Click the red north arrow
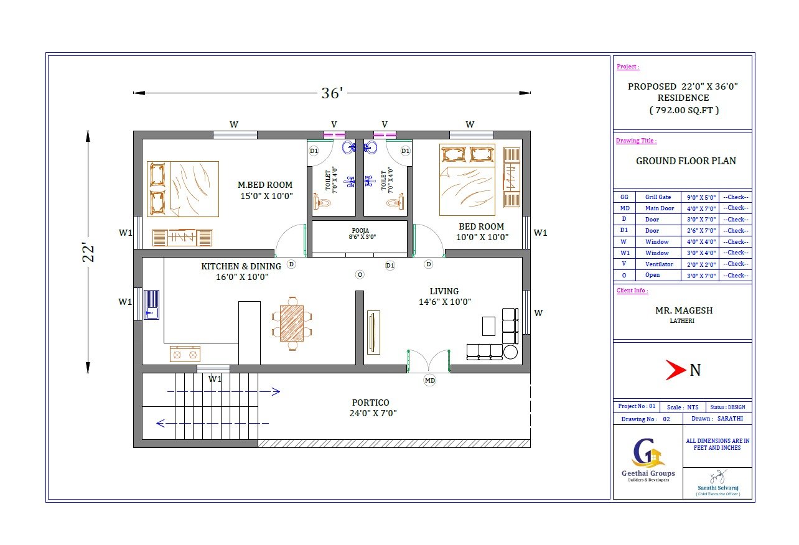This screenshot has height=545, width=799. (x=676, y=370)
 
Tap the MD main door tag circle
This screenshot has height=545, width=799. (x=429, y=380)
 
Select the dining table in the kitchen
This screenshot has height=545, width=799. (x=291, y=324)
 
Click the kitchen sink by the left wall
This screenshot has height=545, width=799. (x=151, y=304)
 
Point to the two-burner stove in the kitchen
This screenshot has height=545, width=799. (x=185, y=355)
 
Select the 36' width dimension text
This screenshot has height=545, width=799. (x=332, y=93)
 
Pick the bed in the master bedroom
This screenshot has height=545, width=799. (x=183, y=189)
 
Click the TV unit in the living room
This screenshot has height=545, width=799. (x=373, y=332)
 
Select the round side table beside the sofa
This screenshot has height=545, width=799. (x=511, y=352)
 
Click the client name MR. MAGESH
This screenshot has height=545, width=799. (x=683, y=310)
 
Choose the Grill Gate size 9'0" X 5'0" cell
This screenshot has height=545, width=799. (x=699, y=197)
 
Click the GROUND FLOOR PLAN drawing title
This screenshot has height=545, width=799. (x=685, y=161)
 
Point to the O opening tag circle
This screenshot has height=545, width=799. (x=359, y=274)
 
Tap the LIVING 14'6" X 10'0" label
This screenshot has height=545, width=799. (x=444, y=296)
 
